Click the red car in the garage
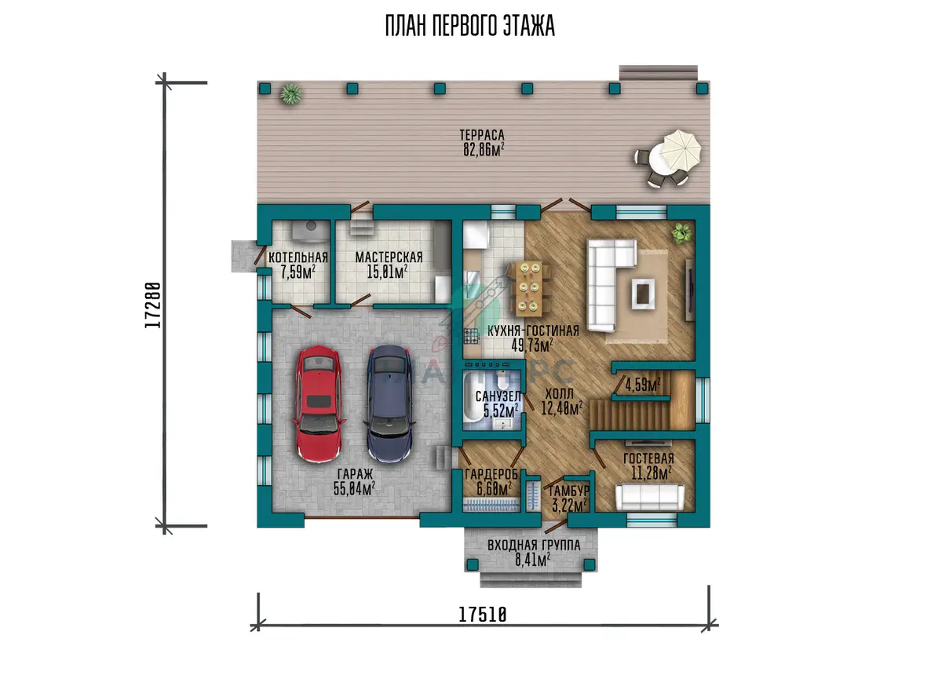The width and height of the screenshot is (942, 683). click(x=319, y=404)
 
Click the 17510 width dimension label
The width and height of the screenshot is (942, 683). click(x=482, y=615)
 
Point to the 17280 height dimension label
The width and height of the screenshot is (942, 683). click(x=152, y=305)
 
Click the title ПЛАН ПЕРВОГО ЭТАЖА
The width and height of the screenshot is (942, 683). click(x=470, y=26)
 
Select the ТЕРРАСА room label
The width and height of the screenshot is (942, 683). click(x=482, y=135)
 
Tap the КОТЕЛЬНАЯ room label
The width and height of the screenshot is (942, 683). click(x=298, y=257)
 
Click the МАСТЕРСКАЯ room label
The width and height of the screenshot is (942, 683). click(x=389, y=257)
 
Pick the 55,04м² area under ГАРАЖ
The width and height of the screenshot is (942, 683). click(x=354, y=488)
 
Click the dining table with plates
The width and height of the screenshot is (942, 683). click(x=529, y=288)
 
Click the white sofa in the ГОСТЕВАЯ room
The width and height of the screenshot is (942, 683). click(x=650, y=498)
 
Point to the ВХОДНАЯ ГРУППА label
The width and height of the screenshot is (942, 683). click(x=534, y=546)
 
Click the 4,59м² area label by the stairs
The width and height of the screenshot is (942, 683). click(x=642, y=385)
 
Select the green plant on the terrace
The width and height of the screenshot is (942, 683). click(x=290, y=93)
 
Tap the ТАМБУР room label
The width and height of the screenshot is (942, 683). click(x=568, y=491)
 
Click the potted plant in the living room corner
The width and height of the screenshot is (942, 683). click(x=681, y=233)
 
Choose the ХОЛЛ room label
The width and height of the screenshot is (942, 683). click(x=559, y=394)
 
